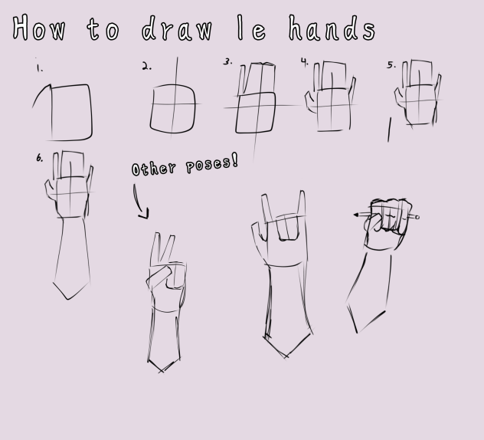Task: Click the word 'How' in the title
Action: [39, 28]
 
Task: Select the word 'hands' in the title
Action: [332, 28]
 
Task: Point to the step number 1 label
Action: [39, 67]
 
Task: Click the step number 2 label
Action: [146, 67]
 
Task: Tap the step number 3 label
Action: [227, 62]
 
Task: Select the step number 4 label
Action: [304, 61]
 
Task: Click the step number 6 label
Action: [39, 159]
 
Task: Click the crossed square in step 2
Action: [173, 106]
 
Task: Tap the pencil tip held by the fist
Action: [356, 215]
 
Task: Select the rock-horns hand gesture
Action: [283, 230]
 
